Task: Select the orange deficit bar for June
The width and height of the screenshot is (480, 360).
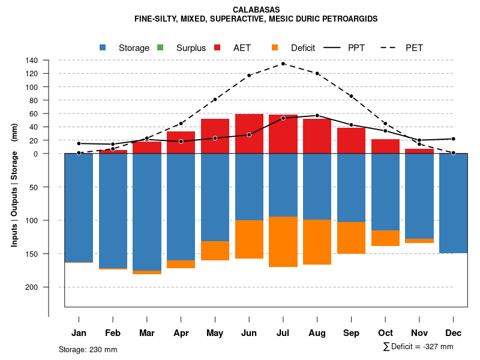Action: click(249, 239)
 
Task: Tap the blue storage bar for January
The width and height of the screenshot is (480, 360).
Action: click(79, 208)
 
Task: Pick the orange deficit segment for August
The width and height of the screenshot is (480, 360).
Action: click(317, 242)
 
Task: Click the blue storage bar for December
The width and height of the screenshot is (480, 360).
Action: click(453, 203)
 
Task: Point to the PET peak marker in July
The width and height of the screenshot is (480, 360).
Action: click(283, 64)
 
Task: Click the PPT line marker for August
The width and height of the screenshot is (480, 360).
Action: click(317, 115)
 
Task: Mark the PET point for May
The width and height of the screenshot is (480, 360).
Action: click(215, 100)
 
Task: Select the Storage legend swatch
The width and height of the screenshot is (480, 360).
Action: click(103, 47)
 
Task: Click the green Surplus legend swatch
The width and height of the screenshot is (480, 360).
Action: click(160, 47)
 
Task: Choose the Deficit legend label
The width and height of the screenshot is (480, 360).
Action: click(303, 48)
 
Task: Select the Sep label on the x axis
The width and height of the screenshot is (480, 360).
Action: click(351, 333)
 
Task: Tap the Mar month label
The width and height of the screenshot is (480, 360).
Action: click(146, 333)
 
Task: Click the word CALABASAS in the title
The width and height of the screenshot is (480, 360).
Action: click(256, 10)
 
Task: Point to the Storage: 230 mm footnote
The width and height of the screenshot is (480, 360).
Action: click(88, 349)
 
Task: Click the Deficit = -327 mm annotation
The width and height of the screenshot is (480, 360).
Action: click(418, 347)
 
